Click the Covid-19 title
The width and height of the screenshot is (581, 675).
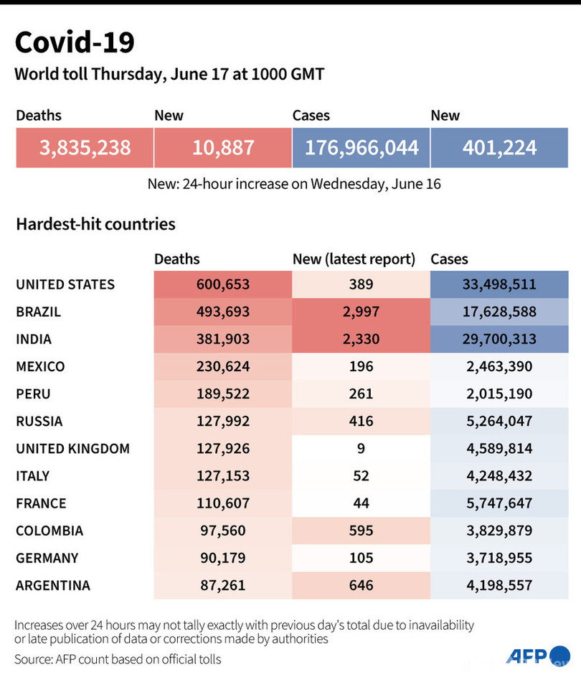pos(74,43)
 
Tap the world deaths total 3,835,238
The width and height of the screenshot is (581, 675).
pos(85,148)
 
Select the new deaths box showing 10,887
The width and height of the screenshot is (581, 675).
pos(222,148)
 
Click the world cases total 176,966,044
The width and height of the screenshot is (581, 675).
pos(361,148)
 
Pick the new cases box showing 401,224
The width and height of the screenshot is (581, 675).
pos(499,148)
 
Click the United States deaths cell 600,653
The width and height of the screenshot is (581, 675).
pos(222,284)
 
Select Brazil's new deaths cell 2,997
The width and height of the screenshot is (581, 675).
pos(361,312)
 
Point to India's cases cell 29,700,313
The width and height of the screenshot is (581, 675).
pos(499,339)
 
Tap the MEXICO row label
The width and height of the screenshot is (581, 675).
pos(40,366)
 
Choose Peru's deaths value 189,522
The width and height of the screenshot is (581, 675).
pos(222,394)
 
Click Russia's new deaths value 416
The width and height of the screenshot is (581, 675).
pos(361,421)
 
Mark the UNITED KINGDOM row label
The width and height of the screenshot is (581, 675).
pos(72,449)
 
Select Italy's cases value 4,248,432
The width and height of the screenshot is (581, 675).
pos(499,476)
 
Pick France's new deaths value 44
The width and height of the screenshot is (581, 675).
pos(361,503)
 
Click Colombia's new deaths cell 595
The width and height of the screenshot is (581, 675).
pos(361,531)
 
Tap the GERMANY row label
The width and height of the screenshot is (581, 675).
pos(47,558)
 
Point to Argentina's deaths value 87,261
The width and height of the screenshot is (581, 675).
pos(222,585)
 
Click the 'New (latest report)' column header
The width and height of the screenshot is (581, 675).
pos(354,259)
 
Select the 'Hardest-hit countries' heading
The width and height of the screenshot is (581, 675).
pos(95,224)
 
